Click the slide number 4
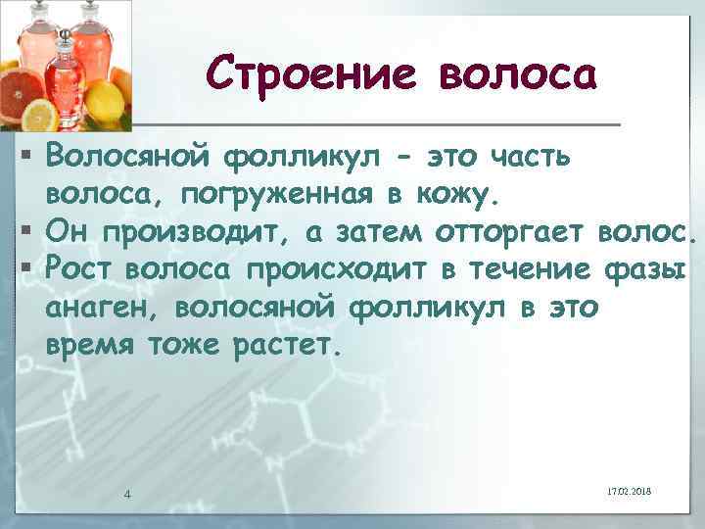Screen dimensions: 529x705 [127, 493]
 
